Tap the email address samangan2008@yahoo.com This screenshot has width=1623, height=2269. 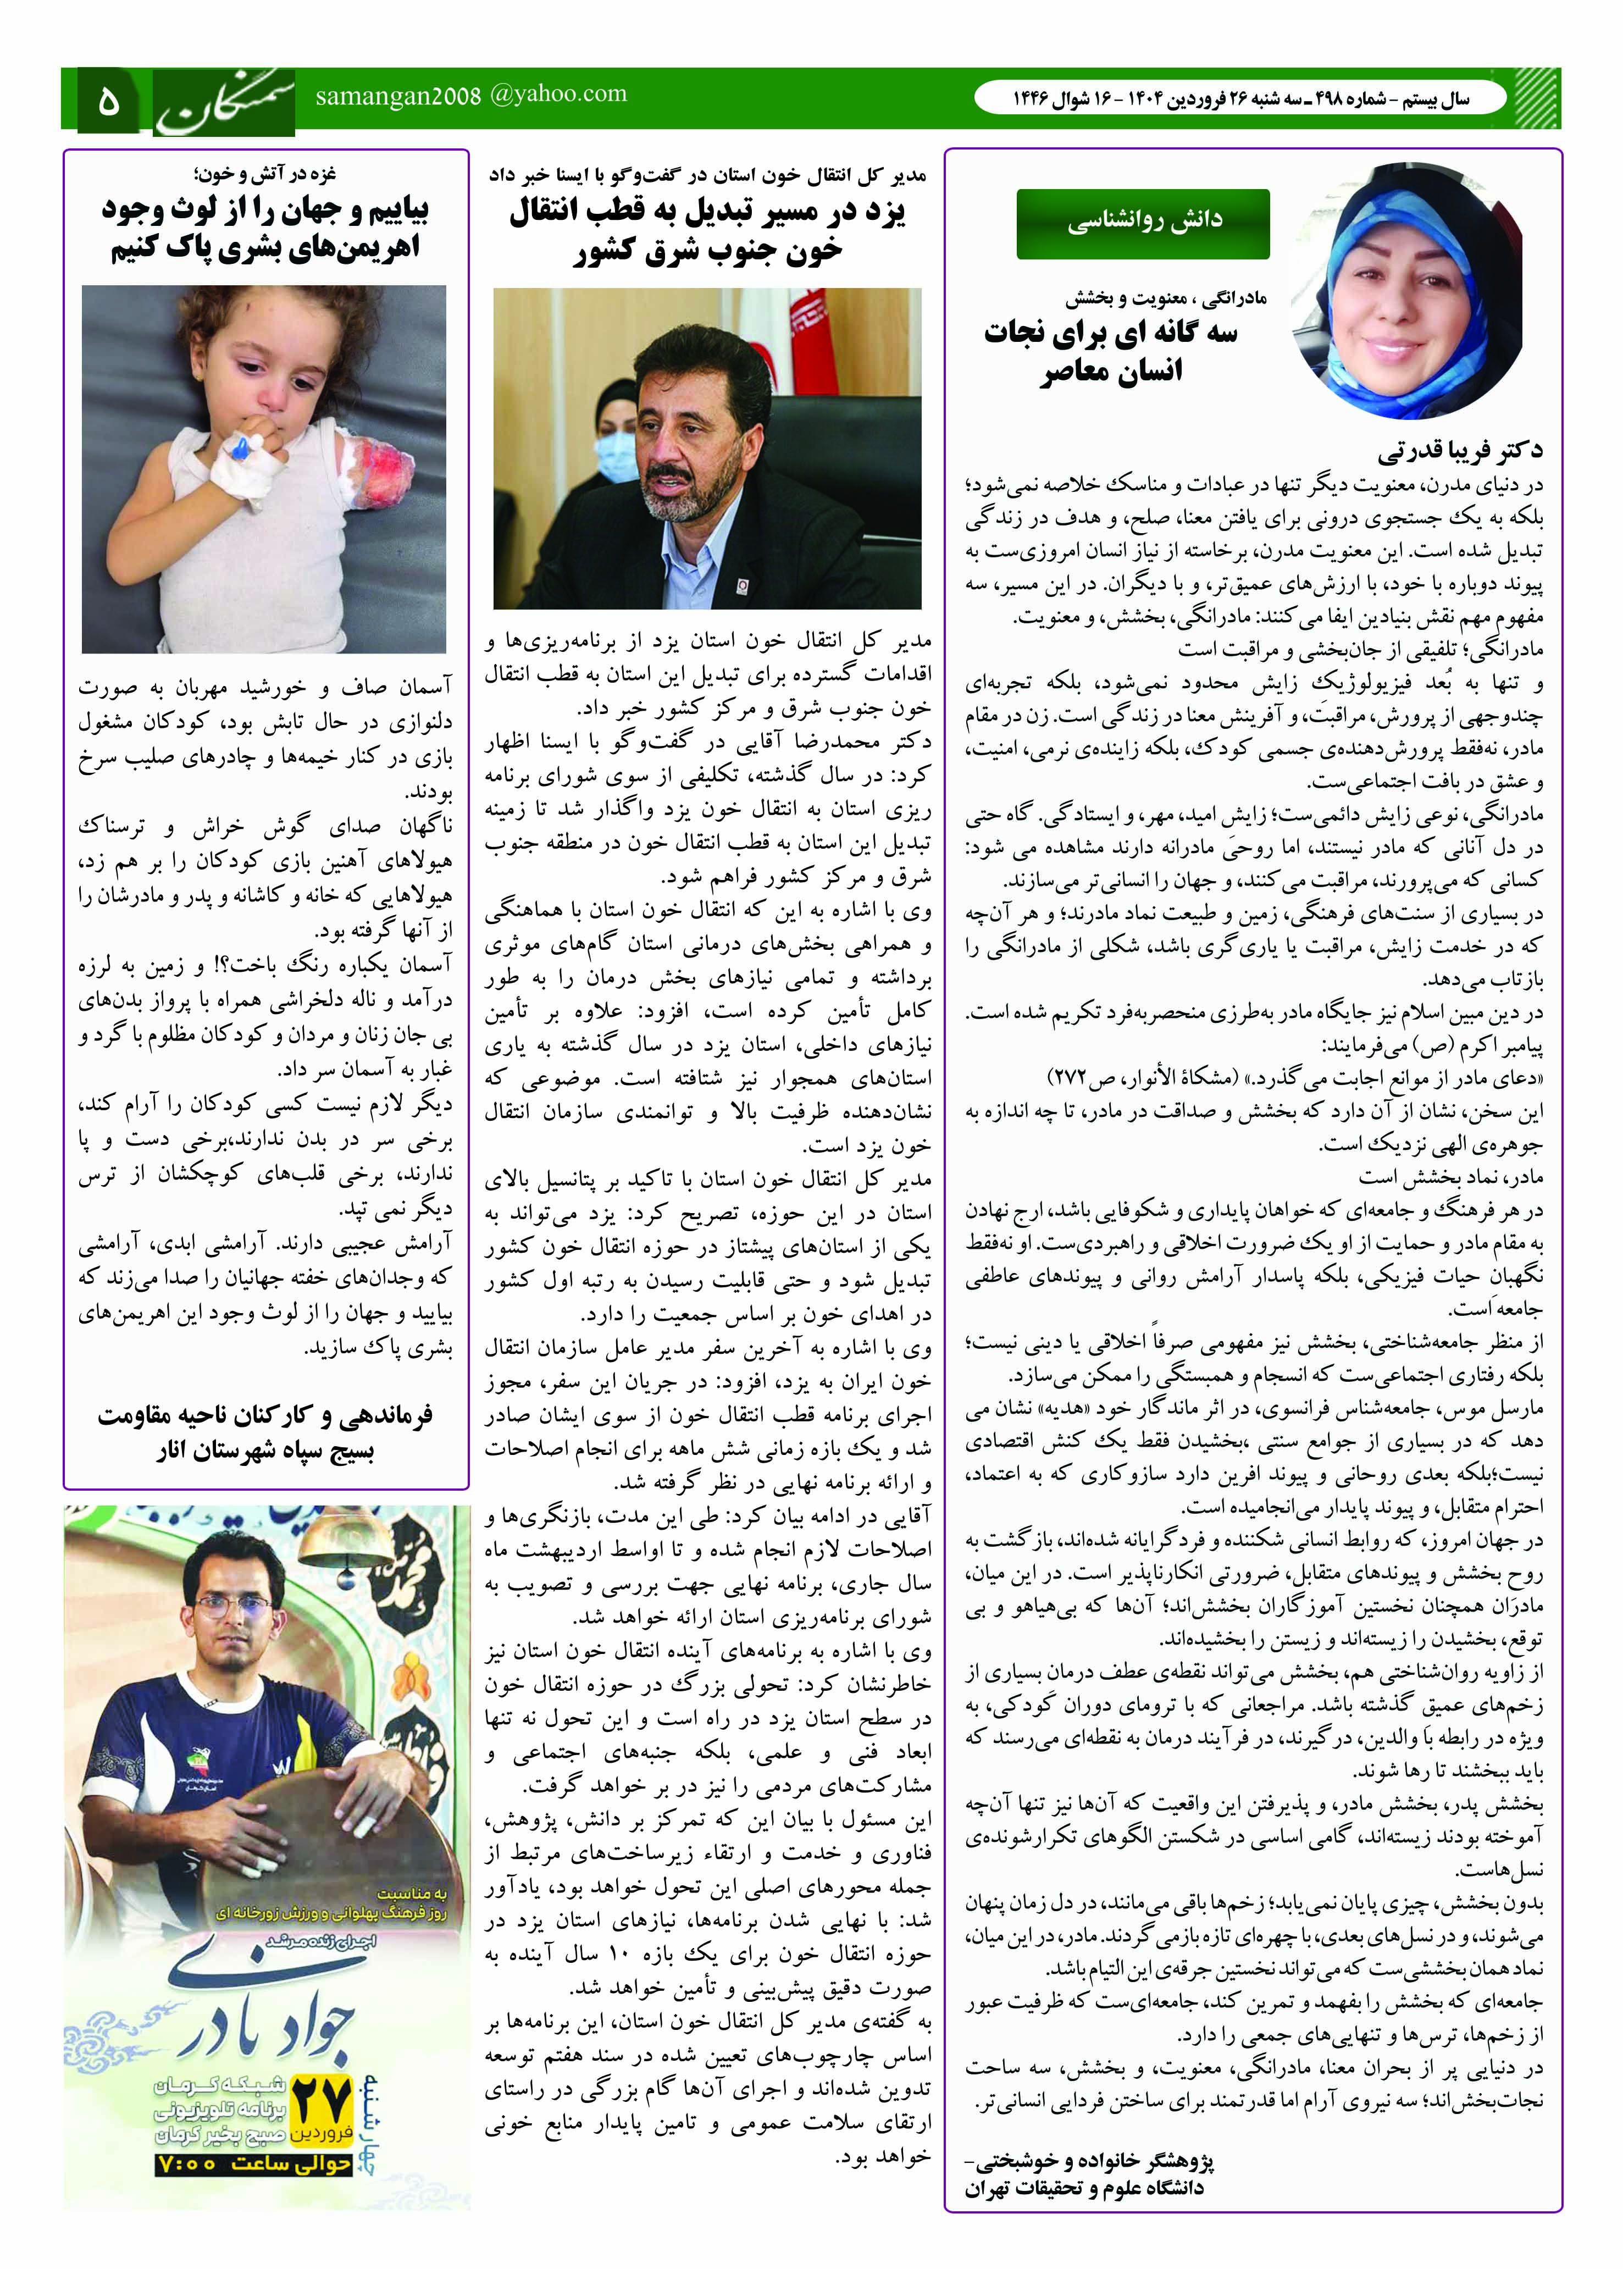point(470,96)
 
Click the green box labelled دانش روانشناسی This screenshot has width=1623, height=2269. point(1142,222)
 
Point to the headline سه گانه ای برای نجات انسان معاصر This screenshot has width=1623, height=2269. point(1111,352)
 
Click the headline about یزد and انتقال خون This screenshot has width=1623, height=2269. point(707,232)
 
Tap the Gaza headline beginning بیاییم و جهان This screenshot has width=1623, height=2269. point(266,229)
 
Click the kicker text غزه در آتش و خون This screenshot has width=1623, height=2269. point(266,175)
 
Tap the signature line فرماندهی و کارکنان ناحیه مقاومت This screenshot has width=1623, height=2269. point(266,1415)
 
